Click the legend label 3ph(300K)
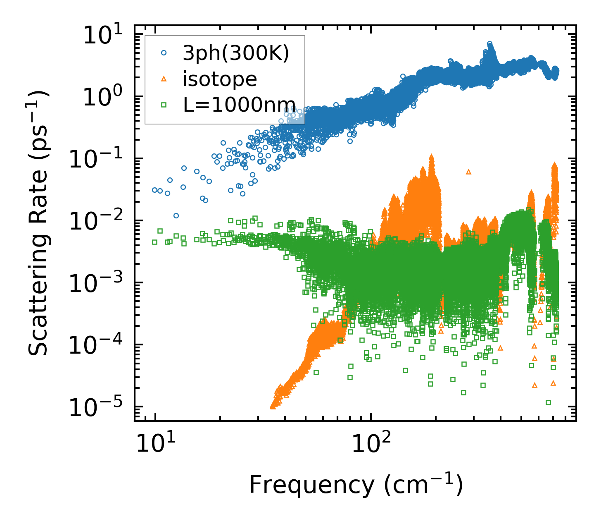(x=236, y=53)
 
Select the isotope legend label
(x=220, y=79)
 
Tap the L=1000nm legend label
(x=239, y=105)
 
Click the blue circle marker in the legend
(x=164, y=53)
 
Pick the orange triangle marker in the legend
(x=164, y=79)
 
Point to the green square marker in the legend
(x=164, y=105)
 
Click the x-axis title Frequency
(x=355, y=485)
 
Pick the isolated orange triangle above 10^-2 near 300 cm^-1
(x=468, y=172)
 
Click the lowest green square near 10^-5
(x=549, y=402)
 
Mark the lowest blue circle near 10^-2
(x=176, y=215)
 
